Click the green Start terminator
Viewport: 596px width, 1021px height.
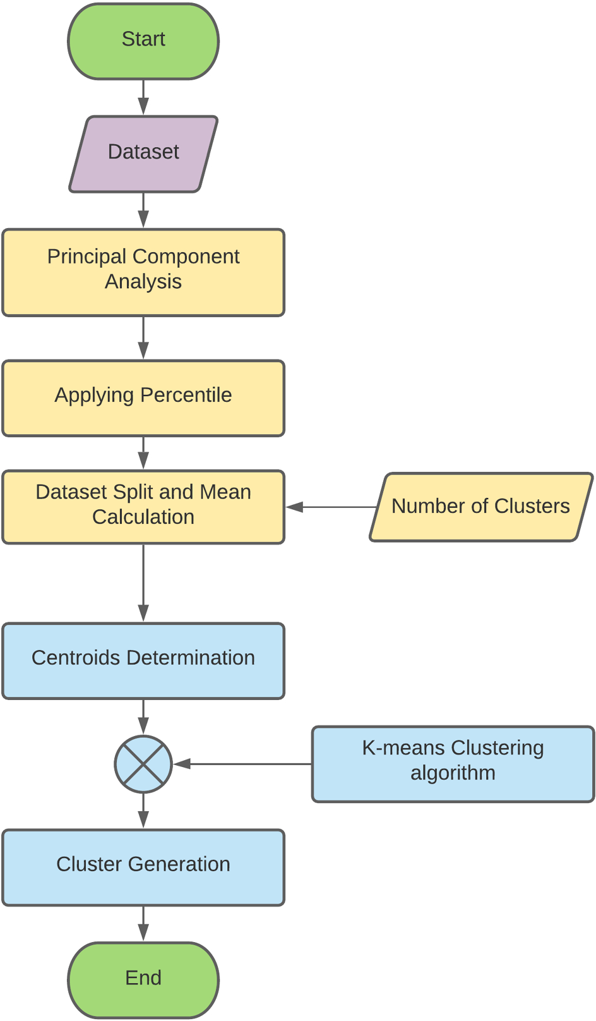143,41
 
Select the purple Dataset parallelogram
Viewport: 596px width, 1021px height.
143,154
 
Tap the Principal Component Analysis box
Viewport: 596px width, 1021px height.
143,272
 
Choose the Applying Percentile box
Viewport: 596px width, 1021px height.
143,399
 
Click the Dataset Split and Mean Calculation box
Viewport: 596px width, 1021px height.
143,507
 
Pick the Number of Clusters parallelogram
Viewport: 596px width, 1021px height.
481,507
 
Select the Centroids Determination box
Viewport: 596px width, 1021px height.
143,661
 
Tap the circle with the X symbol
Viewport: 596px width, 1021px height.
143,764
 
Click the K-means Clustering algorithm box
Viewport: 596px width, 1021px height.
453,764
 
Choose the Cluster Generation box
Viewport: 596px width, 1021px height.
143,867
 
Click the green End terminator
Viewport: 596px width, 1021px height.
143,980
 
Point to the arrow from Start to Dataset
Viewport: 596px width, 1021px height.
143,97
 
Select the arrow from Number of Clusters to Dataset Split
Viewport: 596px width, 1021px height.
331,507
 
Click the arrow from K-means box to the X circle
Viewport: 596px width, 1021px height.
242,764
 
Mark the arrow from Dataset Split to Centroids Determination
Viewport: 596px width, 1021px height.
143,583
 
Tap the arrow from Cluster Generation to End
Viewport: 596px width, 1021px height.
143,924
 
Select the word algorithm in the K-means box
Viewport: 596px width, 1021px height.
453,773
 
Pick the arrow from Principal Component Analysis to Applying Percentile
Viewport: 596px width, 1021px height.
143,338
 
